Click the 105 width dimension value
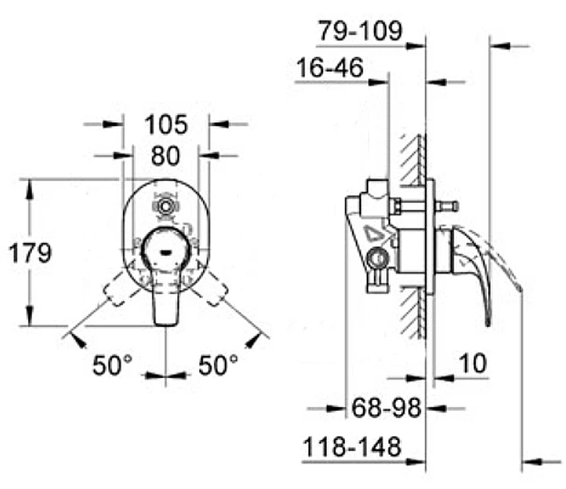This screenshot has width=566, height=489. coord(166,124)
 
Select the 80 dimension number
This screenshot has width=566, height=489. coord(165,156)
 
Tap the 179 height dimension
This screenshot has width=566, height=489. coord(31,253)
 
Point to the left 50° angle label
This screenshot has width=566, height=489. coord(112,365)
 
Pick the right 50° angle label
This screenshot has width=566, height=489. coord(218,365)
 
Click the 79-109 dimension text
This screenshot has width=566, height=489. coord(360,31)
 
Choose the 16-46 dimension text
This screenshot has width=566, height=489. coord(330,67)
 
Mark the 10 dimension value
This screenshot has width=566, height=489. coord(473,363)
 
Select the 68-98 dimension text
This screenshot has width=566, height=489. coord(386,408)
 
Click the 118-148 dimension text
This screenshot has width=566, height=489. coord(352,446)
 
